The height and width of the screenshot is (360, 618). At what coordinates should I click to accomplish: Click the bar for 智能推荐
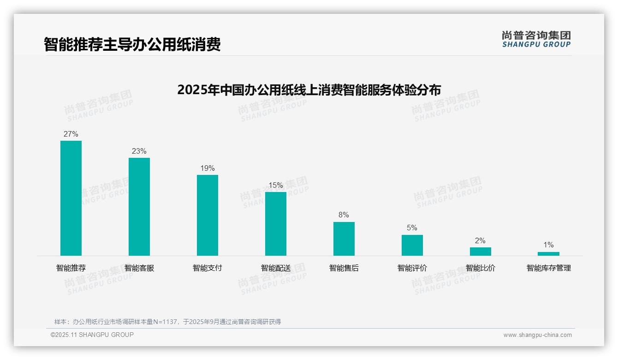point(71,198)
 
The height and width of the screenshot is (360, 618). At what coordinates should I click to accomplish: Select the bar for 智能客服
point(139,207)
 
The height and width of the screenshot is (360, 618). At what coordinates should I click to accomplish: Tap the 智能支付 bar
point(208,215)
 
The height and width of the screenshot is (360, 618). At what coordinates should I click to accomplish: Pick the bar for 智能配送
point(276,224)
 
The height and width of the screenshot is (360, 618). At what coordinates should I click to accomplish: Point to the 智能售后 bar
point(344,239)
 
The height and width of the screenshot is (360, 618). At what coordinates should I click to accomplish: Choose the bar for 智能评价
point(412,245)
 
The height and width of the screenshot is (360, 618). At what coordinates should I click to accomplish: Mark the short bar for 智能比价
point(481,252)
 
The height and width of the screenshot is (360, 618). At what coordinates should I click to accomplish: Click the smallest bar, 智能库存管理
point(548,254)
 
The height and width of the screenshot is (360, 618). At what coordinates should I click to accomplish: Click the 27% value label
point(71,134)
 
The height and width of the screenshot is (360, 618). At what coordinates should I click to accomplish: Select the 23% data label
point(139,151)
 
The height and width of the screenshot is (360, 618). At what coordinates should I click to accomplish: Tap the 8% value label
point(344,215)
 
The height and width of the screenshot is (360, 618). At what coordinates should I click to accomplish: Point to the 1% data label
point(548,245)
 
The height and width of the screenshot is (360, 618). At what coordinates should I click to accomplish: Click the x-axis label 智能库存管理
point(549,268)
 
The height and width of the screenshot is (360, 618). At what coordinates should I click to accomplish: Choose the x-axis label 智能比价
point(481,268)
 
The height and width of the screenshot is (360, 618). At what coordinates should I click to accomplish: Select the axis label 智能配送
point(276,268)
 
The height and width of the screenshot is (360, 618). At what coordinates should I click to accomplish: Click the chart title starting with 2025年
point(309,90)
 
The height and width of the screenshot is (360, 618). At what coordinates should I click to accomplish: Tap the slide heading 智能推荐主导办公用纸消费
point(132,44)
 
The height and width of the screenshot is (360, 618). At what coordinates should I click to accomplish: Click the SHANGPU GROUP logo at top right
point(536,39)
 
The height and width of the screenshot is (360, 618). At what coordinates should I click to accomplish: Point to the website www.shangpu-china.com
point(537,335)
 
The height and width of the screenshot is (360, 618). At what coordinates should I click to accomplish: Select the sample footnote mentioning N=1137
point(168,322)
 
